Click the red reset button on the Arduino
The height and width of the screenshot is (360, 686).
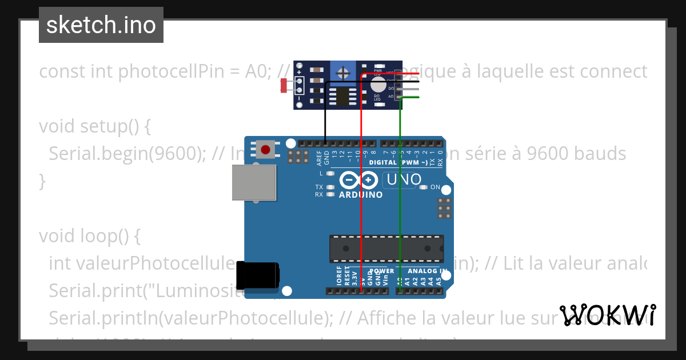(265, 150)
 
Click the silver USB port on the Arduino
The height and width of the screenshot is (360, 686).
(254, 183)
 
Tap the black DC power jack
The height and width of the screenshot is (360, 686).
(258, 276)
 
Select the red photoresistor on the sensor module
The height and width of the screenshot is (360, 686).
(284, 86)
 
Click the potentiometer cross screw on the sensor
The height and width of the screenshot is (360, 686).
(342, 73)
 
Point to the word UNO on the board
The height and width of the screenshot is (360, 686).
(404, 180)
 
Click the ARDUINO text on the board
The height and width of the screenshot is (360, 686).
(361, 195)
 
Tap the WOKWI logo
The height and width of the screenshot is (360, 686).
(607, 315)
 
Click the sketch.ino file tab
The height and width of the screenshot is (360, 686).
(101, 25)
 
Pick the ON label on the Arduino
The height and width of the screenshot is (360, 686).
(435, 187)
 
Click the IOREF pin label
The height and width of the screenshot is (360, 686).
(339, 275)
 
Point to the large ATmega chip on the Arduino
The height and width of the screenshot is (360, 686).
(386, 249)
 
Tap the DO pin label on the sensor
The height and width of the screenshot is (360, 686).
(391, 89)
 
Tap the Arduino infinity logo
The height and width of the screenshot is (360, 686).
(358, 181)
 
